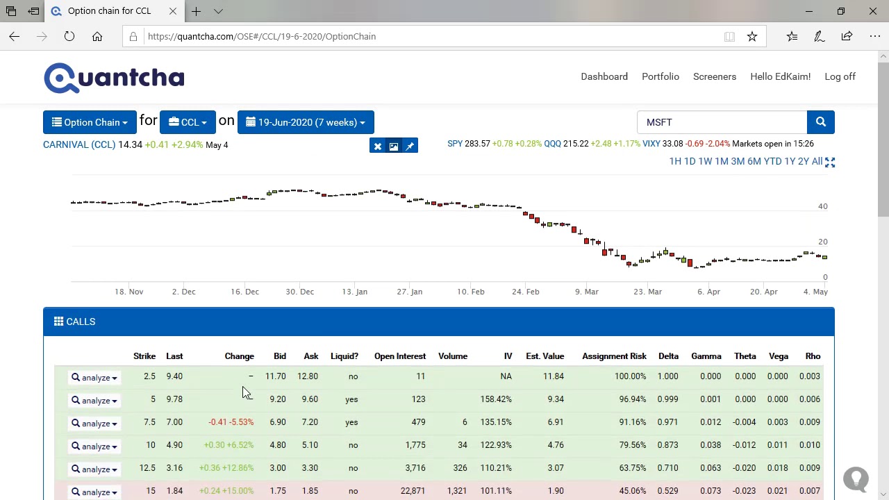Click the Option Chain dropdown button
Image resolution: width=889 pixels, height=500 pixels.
pyautogui.click(x=90, y=122)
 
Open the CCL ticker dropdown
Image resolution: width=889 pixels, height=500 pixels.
pyautogui.click(x=188, y=122)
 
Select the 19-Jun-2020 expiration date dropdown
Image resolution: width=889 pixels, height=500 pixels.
pyautogui.click(x=306, y=122)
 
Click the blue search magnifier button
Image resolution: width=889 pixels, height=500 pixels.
pyautogui.click(x=820, y=122)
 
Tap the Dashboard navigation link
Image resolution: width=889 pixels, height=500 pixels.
pyautogui.click(x=604, y=76)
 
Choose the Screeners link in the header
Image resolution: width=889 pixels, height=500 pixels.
pyautogui.click(x=715, y=76)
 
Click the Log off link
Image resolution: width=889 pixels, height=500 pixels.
pyautogui.click(x=840, y=76)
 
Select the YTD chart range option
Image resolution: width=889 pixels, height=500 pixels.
pyautogui.click(x=772, y=162)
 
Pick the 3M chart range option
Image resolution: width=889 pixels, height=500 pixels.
pyautogui.click(x=738, y=162)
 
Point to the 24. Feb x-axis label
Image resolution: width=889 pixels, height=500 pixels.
pyautogui.click(x=526, y=292)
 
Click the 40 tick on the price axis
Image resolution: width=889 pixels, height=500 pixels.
pyautogui.click(x=823, y=206)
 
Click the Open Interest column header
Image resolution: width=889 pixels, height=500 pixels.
pyautogui.click(x=400, y=356)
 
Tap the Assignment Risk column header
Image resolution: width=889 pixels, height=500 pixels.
pyautogui.click(x=615, y=356)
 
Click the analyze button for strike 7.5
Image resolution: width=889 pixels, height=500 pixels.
pyautogui.click(x=94, y=424)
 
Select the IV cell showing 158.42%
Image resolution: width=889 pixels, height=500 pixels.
pyautogui.click(x=496, y=399)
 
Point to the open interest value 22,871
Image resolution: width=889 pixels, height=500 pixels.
pyautogui.click(x=413, y=491)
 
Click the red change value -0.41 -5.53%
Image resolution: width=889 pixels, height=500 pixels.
pyautogui.click(x=231, y=422)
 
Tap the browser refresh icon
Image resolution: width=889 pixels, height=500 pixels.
pyautogui.click(x=69, y=37)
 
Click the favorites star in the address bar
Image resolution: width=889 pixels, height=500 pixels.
pyautogui.click(x=751, y=37)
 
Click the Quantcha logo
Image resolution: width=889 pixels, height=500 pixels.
pyautogui.click(x=114, y=78)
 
